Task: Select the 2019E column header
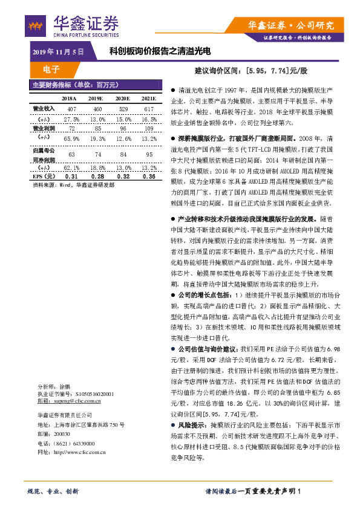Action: pos(96,97)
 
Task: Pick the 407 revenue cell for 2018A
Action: pos(71,109)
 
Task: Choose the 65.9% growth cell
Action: pos(71,138)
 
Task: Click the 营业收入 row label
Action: pos(44,109)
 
